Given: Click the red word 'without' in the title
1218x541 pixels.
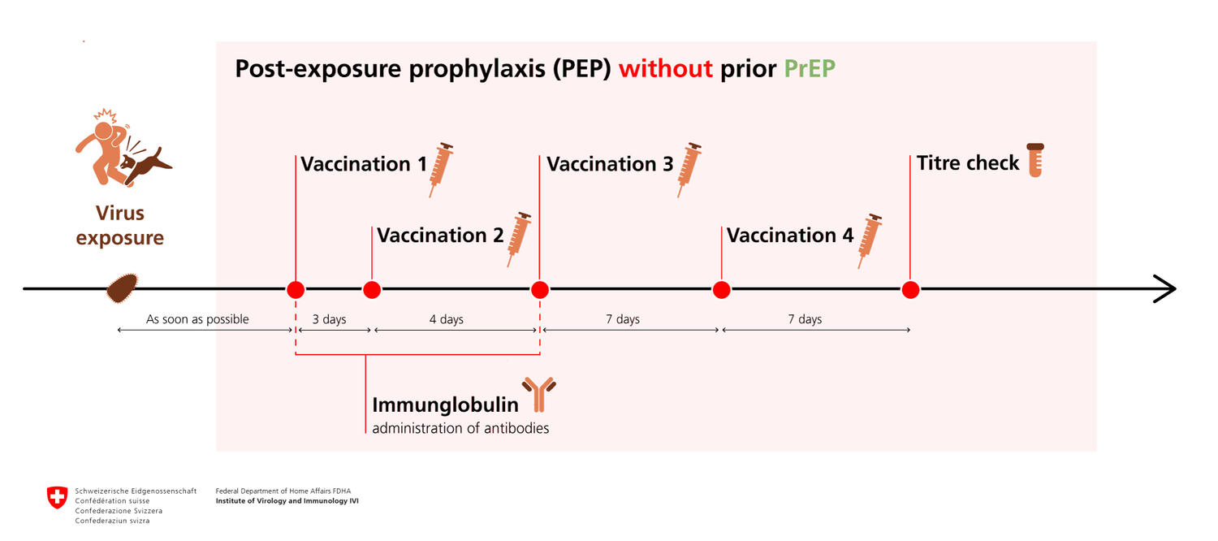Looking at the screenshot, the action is pos(666,69).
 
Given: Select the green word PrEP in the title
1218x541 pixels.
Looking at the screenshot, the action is pos(810,69).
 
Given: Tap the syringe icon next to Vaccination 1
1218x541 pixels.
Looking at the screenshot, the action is pos(441,170).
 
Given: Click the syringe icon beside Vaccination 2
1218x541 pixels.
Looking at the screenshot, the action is pos(520,240).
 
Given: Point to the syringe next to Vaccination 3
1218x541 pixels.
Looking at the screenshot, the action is pos(689,170).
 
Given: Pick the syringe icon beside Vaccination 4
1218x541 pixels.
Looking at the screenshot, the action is pos(870,241).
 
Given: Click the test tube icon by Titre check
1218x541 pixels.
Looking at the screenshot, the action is pos(1035,160).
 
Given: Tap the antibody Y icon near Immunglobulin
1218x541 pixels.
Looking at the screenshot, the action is pos(539,394).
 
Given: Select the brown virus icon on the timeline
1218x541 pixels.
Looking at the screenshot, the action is pos(122,288).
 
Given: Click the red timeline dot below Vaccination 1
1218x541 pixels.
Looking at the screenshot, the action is pos(296,290).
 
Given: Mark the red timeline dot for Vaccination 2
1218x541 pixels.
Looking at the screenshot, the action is pos(372,290).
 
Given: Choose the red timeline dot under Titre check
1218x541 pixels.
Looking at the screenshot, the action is pos(910,290).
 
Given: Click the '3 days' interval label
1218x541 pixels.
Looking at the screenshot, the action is pos(329,319).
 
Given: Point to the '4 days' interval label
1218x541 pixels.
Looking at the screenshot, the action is pos(447,319).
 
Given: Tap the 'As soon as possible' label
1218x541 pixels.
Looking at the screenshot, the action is pos(197,319).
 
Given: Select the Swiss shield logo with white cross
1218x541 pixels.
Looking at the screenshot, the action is pos(57,497).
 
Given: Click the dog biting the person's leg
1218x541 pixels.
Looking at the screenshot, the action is pos(145,167).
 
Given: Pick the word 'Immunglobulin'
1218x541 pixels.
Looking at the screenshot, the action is pos(445,405).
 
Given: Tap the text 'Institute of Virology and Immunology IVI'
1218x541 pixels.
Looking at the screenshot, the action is pos(287,500).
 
